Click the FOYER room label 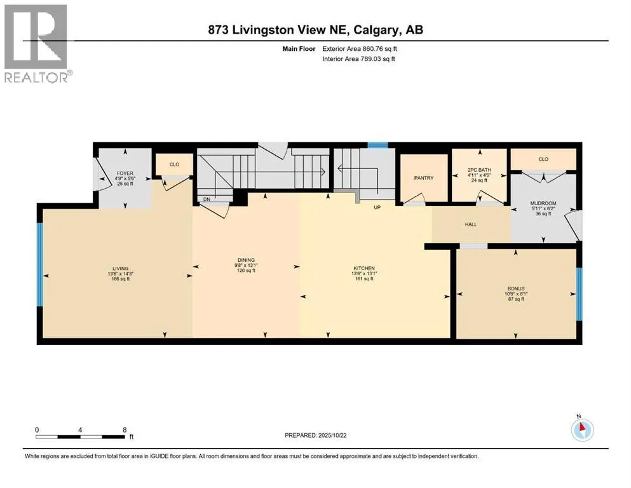125,173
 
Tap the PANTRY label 424,178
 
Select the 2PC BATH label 479,170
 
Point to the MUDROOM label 543,203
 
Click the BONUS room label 516,289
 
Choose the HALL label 471,224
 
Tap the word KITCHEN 364,268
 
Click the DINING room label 247,261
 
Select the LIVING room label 120,268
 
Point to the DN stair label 207,199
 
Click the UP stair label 377,208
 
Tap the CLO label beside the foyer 174,165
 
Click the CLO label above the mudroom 543,159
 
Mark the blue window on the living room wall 40,265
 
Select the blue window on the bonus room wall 579,294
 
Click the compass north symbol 582,429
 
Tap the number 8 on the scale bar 125,430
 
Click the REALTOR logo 38,43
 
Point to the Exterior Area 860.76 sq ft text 360,49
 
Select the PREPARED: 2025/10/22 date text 315,435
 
